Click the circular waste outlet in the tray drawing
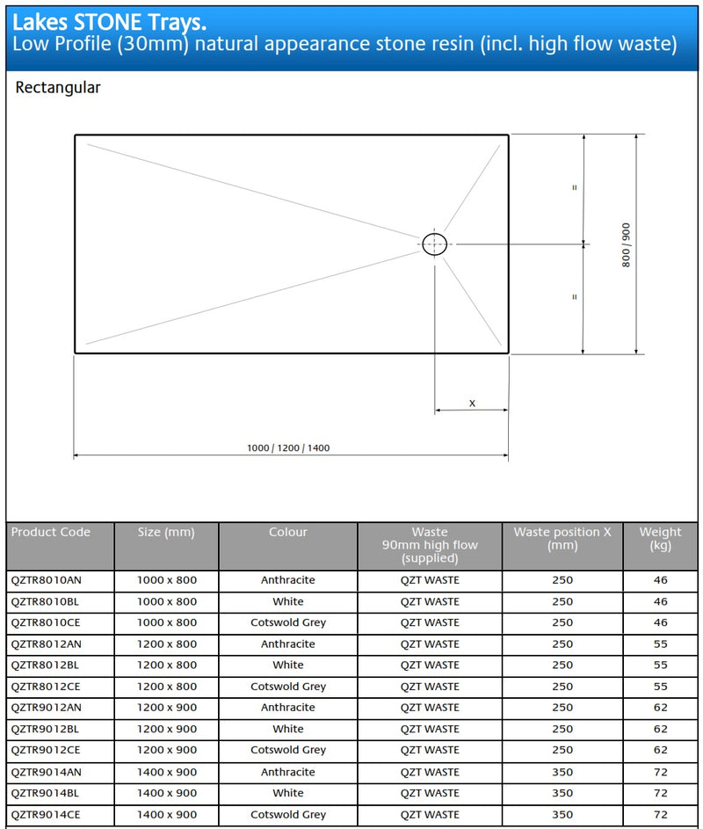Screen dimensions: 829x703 click(x=434, y=244)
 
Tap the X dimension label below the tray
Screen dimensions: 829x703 click(x=472, y=404)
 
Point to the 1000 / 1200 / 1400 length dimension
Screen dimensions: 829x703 click(x=288, y=448)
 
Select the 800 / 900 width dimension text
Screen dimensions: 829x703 click(x=626, y=244)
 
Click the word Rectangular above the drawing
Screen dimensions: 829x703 click(x=58, y=88)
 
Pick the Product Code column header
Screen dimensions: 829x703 click(x=51, y=532)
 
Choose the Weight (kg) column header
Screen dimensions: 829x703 click(x=660, y=539)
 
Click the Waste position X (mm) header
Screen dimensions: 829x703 click(x=562, y=539)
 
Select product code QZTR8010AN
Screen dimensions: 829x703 click(x=50, y=580)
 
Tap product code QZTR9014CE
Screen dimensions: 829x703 click(x=50, y=814)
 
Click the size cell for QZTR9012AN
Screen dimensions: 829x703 click(x=167, y=708)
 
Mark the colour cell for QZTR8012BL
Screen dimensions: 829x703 click(x=288, y=665)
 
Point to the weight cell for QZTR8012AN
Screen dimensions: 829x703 click(x=660, y=644)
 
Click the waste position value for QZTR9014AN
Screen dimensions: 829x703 click(x=562, y=772)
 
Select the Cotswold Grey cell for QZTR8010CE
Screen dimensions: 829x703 click(x=288, y=622)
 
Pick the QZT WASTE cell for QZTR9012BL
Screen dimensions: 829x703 click(x=430, y=729)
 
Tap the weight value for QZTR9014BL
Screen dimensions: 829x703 click(x=660, y=793)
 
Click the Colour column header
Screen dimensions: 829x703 click(x=288, y=532)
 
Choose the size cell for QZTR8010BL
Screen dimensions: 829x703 click(x=167, y=602)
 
